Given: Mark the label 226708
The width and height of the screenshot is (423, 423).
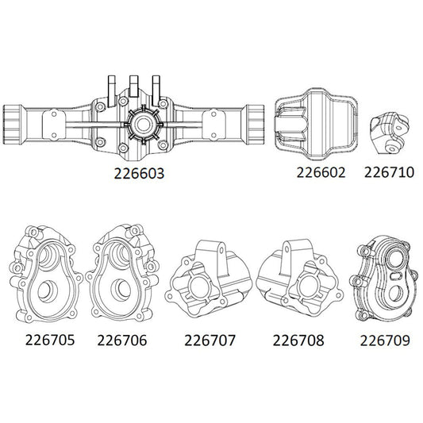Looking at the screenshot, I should tap(297, 341).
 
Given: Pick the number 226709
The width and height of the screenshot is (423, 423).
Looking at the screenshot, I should tap(384, 341).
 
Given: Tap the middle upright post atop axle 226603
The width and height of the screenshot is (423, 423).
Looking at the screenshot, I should tap(134, 86).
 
